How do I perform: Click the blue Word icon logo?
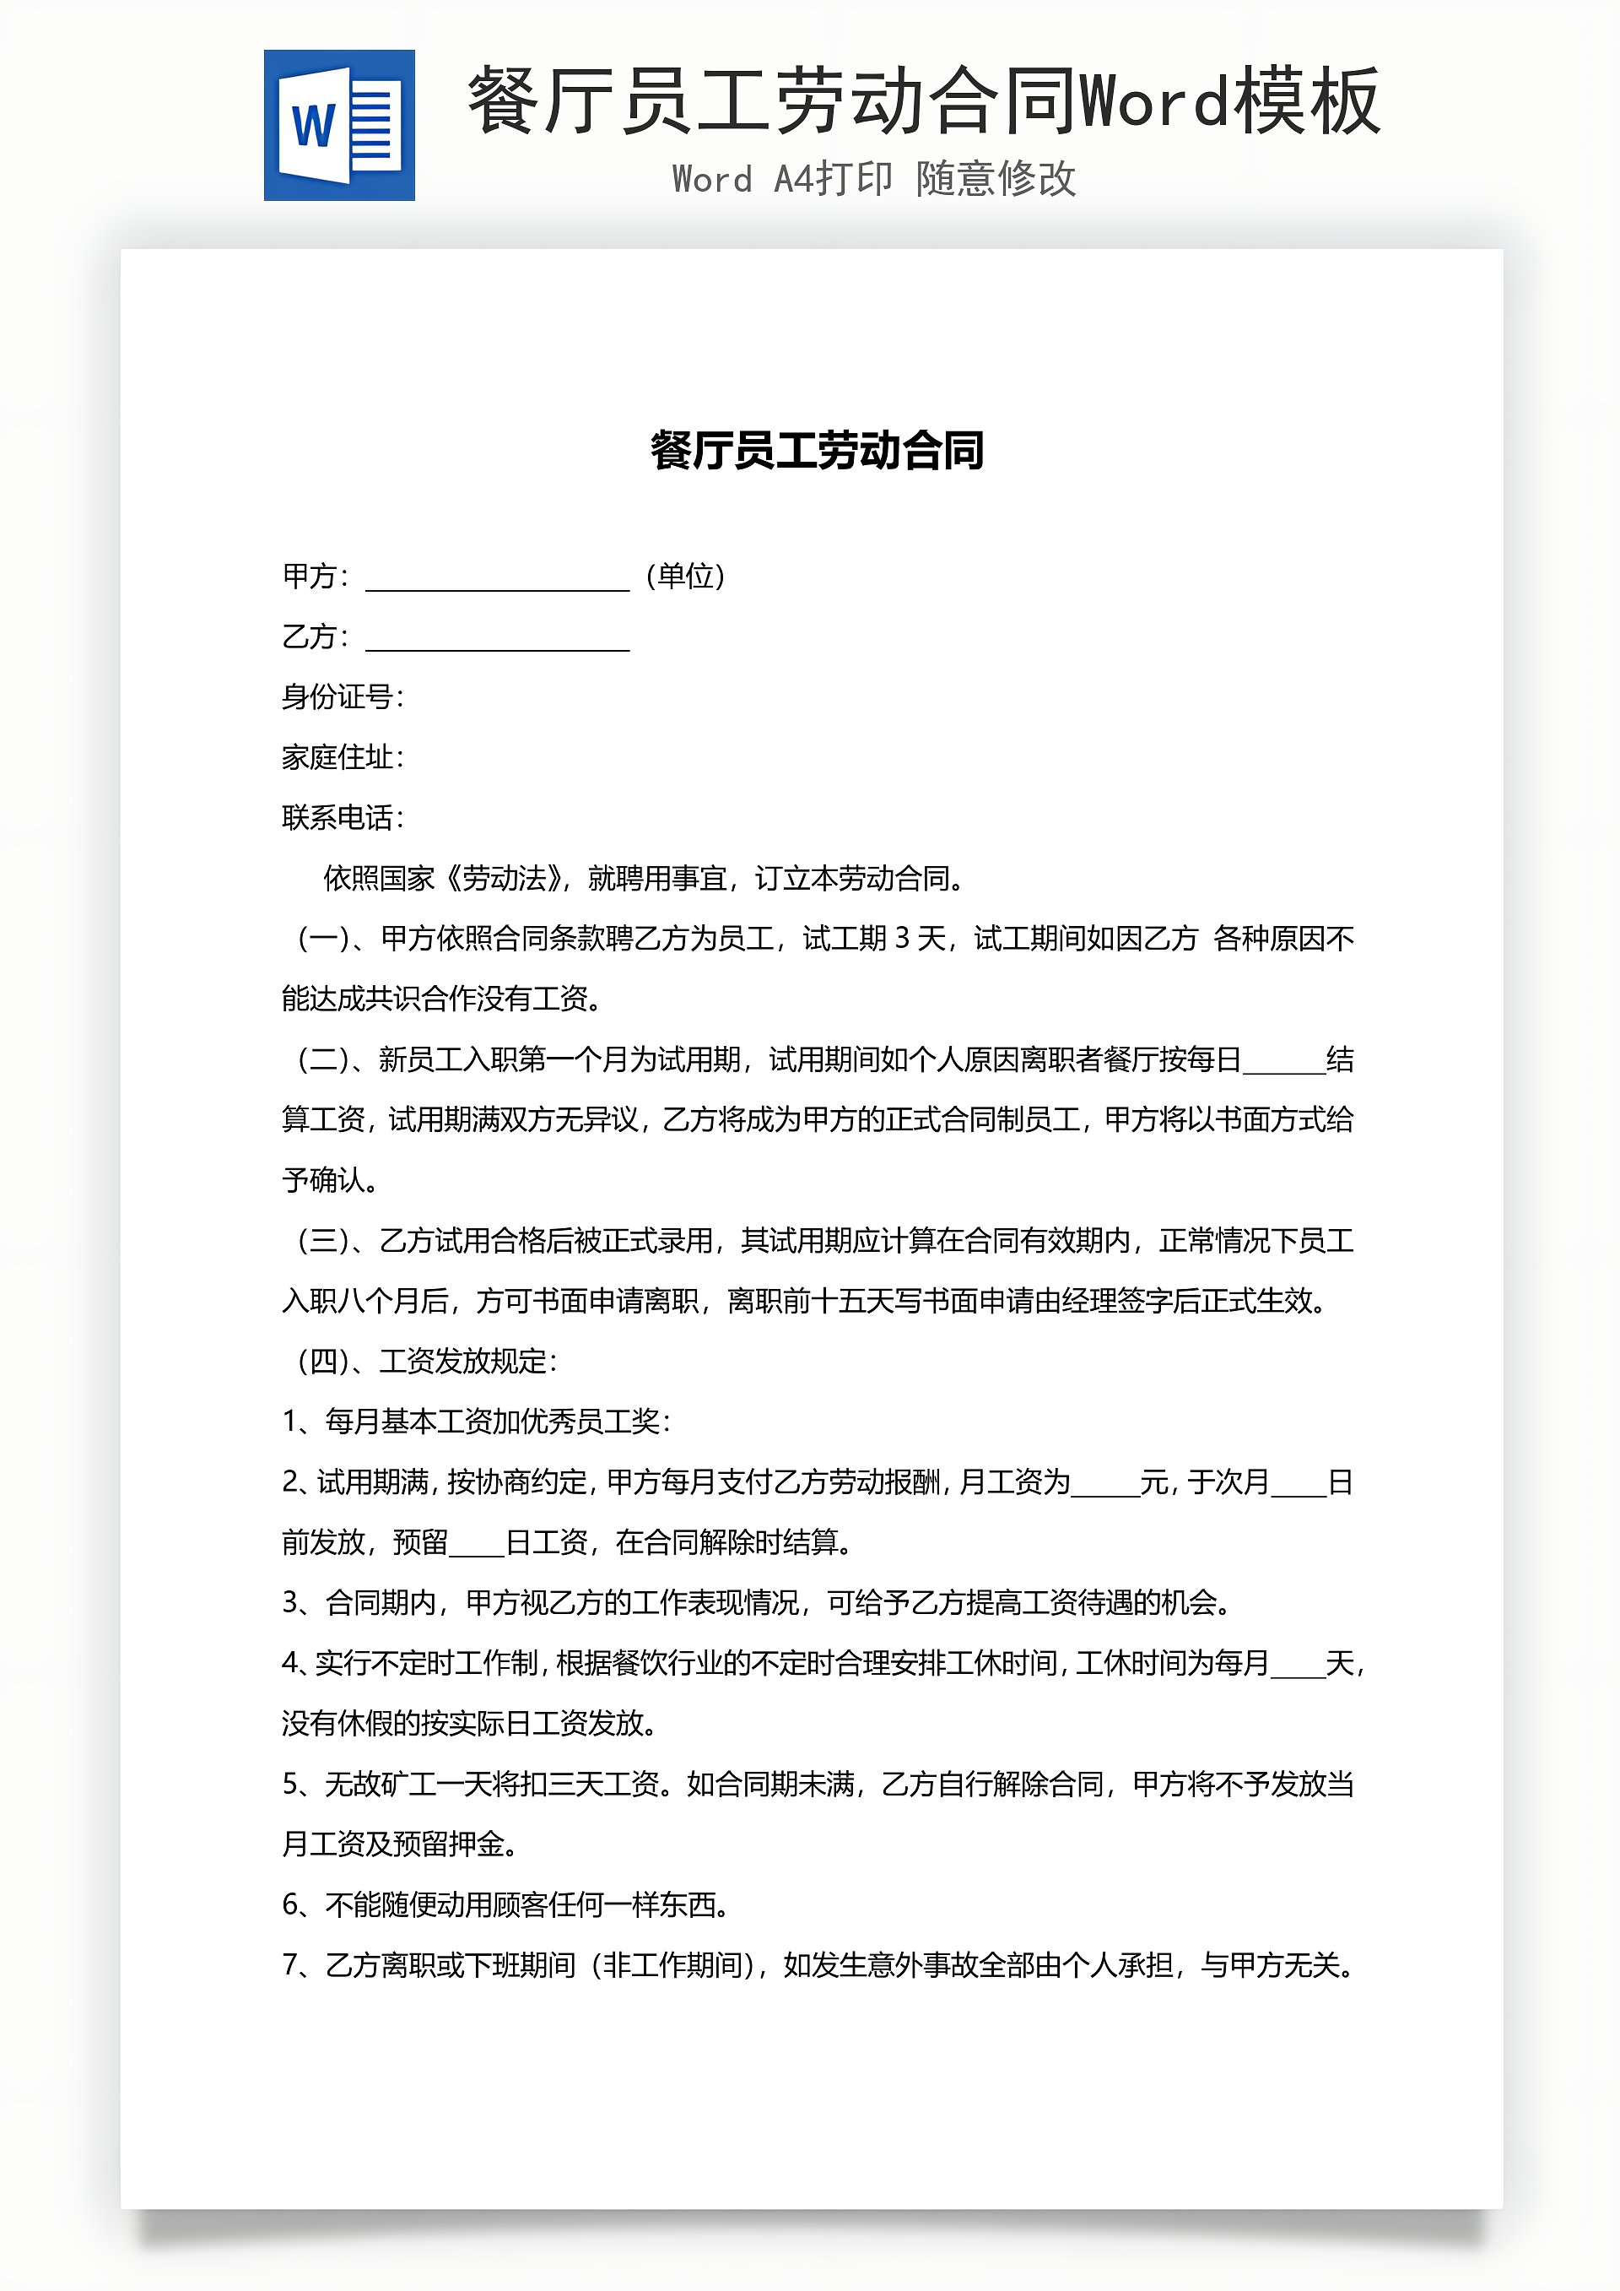click(339, 126)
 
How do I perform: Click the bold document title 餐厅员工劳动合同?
click(817, 450)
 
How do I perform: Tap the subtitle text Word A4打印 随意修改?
click(874, 180)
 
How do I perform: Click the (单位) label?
click(685, 576)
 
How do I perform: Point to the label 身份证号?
click(343, 696)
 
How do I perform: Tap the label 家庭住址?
click(343, 757)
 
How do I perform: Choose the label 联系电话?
click(343, 817)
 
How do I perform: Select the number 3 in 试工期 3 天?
click(902, 938)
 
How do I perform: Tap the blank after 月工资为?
click(1104, 1484)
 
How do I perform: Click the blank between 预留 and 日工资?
click(477, 1544)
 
